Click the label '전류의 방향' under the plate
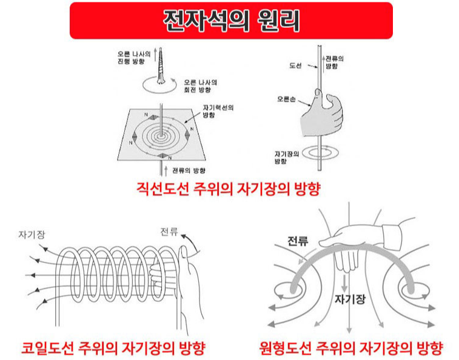(x=189, y=170)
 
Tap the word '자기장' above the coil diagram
(x=33, y=234)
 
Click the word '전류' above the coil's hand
(x=170, y=232)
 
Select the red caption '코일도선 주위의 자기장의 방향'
(x=113, y=348)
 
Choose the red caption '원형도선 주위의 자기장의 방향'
(x=350, y=348)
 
